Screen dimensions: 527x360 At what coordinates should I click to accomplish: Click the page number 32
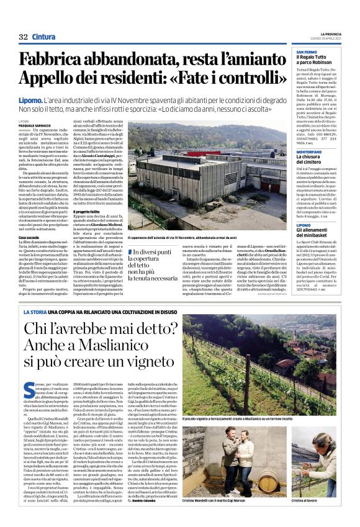23,37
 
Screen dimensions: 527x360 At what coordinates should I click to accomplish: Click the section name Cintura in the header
43,37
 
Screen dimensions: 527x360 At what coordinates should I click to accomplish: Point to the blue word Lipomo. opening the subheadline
30,100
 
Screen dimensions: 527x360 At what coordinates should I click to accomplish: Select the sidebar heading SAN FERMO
307,52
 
